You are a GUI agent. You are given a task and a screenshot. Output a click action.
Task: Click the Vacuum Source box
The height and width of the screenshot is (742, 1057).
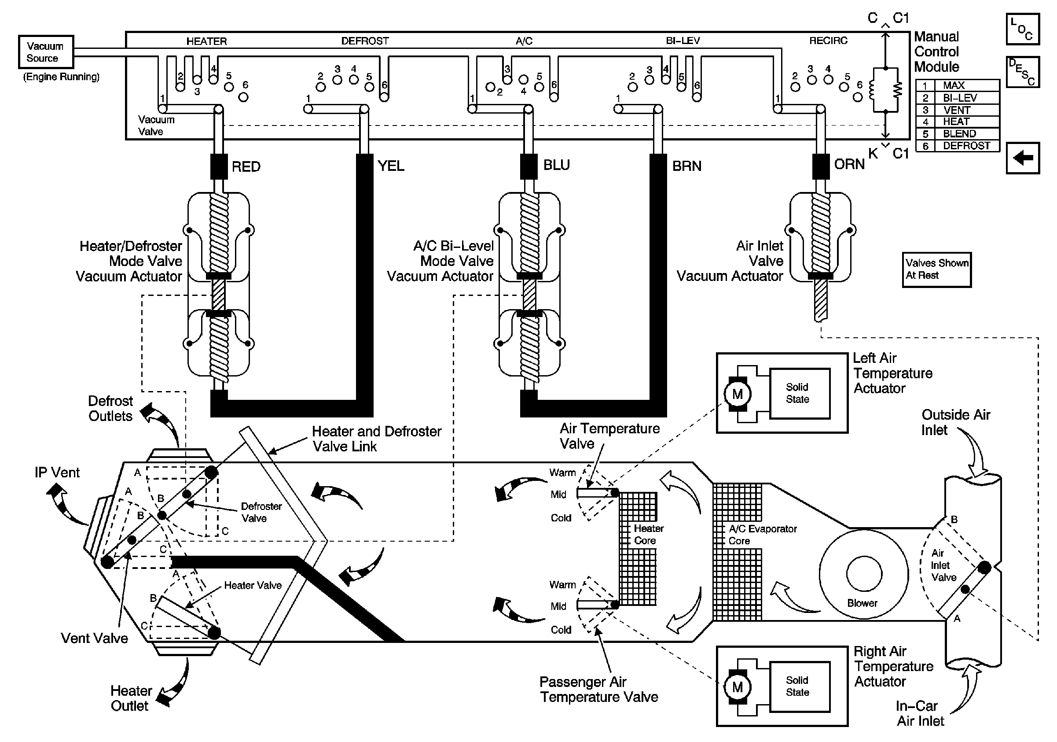tap(46, 52)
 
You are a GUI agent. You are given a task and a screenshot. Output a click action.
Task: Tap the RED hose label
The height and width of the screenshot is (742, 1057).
tap(246, 166)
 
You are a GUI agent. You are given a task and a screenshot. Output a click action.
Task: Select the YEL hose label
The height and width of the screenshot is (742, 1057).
tap(390, 166)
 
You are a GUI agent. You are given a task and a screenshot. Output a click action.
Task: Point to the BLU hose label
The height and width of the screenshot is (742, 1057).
tap(556, 165)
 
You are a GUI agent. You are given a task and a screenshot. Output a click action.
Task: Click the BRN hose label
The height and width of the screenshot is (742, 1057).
tap(686, 166)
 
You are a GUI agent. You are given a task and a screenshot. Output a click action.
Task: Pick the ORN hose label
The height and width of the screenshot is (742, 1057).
tap(849, 164)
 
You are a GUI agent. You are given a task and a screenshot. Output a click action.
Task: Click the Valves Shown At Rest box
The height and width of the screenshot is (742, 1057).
tap(936, 269)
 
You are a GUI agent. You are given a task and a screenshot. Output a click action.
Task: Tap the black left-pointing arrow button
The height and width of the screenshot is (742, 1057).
tap(1023, 158)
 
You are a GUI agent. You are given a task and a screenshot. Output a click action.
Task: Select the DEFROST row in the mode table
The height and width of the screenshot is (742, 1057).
tap(958, 146)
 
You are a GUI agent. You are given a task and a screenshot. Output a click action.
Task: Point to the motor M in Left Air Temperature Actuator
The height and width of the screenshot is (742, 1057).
tap(737, 394)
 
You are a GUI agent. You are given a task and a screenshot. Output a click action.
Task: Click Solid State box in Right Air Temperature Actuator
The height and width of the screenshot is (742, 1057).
tap(800, 686)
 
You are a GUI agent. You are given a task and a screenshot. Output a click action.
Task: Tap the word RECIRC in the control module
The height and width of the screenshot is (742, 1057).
tap(828, 41)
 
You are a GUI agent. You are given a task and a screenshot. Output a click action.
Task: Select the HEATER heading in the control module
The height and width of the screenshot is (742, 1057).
tap(206, 41)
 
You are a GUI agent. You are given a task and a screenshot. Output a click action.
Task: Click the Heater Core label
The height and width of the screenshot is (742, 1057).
tap(648, 534)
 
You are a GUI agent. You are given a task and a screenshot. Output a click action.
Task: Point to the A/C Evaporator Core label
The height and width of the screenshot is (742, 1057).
tap(762, 535)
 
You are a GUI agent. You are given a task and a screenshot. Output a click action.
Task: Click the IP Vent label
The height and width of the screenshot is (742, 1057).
tap(57, 473)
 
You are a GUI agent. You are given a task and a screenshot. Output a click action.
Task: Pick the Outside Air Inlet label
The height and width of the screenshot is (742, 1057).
tap(955, 422)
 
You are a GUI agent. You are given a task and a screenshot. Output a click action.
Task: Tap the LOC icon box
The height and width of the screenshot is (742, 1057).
tap(1023, 29)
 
